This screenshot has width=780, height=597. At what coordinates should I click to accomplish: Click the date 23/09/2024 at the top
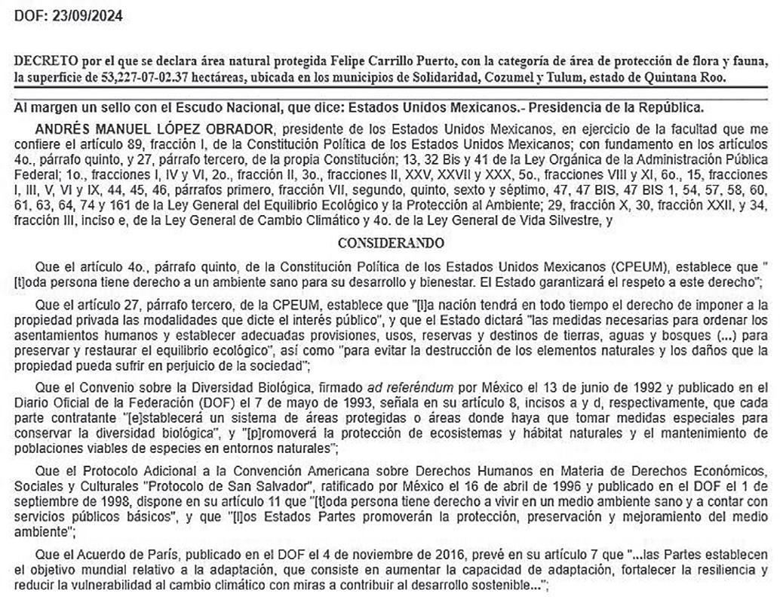coord(89,16)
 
